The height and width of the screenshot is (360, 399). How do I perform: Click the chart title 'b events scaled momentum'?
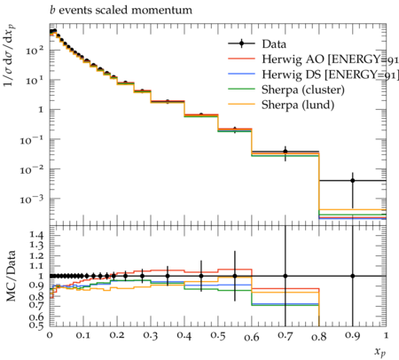[x=121, y=10]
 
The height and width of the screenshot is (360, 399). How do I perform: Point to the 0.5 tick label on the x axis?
[x=218, y=336]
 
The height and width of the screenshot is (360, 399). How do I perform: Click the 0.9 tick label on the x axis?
[x=353, y=336]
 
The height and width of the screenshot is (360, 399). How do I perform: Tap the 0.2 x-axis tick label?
[x=117, y=336]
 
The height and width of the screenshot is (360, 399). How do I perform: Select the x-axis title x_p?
[x=380, y=352]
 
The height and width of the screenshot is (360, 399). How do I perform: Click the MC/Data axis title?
[x=11, y=276]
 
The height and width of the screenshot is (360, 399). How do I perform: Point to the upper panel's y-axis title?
[x=10, y=56]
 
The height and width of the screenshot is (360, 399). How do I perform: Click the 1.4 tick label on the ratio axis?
[x=36, y=236]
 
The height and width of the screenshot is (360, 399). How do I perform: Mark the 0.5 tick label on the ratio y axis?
[x=36, y=325]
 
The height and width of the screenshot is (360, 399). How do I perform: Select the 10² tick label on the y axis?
[x=35, y=51]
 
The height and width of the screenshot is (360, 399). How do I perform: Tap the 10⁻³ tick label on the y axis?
[x=32, y=200]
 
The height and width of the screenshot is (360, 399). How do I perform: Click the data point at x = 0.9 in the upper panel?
[x=353, y=180]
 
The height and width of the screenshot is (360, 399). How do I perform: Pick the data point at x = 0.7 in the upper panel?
[x=286, y=152]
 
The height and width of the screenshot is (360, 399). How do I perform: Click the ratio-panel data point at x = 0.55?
[x=235, y=276]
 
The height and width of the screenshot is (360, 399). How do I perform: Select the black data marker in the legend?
[x=241, y=43]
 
